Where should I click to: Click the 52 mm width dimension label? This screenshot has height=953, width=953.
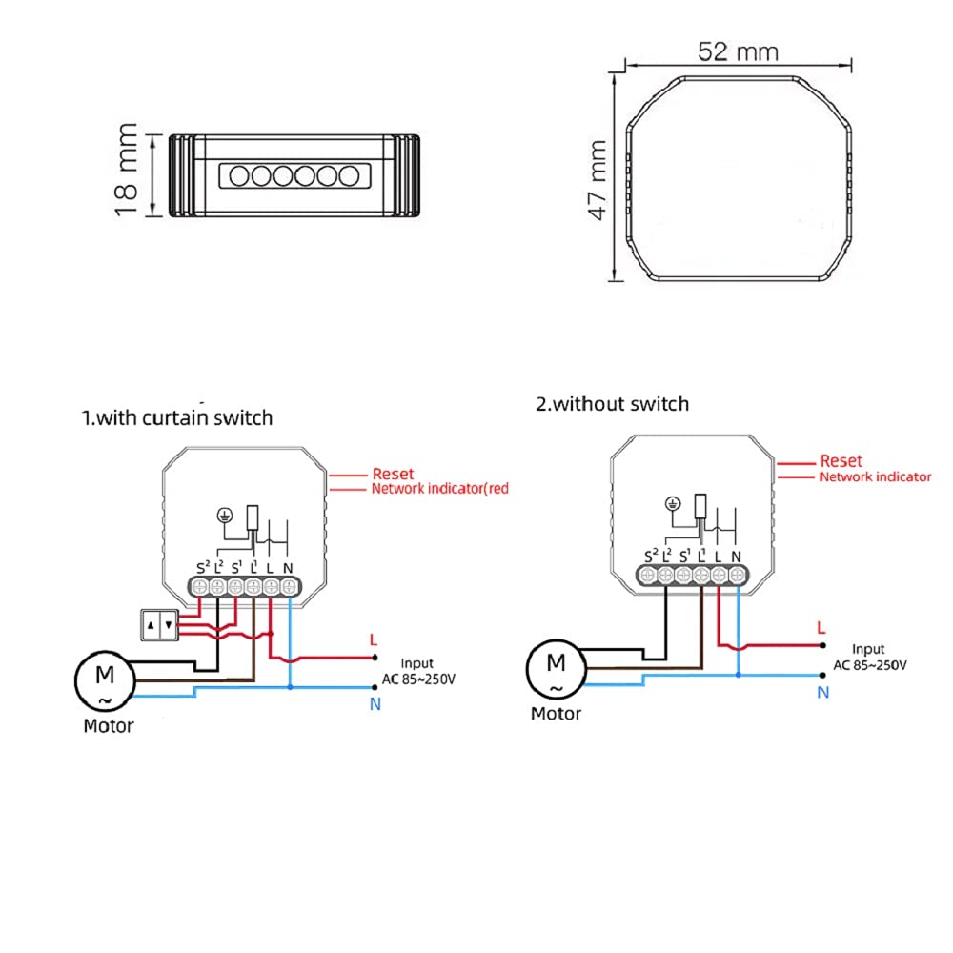tap(738, 51)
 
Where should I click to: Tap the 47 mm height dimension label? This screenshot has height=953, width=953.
tap(598, 180)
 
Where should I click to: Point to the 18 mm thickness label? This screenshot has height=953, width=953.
tap(126, 170)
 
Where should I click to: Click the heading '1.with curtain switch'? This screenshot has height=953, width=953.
tap(177, 417)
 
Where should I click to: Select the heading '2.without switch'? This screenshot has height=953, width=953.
tap(613, 403)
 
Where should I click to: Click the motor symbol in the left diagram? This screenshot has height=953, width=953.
tap(105, 680)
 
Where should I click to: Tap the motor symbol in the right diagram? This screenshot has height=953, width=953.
tap(557, 668)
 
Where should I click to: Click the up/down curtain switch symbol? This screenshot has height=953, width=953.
tap(160, 625)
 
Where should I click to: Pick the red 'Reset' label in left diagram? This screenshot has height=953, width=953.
tap(393, 474)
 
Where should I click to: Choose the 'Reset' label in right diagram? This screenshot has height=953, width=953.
tap(841, 460)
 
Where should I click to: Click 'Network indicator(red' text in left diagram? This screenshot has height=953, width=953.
tap(440, 489)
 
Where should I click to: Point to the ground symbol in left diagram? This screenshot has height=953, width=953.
tap(225, 516)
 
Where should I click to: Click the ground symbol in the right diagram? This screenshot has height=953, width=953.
tap(673, 504)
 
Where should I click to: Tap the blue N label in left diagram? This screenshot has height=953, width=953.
tap(375, 704)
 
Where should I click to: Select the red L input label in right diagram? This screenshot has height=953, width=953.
tap(821, 627)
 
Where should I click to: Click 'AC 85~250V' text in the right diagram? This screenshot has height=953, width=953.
tap(870, 665)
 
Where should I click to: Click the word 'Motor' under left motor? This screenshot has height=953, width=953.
tap(109, 725)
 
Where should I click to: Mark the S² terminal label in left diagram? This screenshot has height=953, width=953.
tap(203, 568)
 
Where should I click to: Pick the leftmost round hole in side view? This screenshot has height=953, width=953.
tap(239, 176)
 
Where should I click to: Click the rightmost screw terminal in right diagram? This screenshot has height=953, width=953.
tap(737, 575)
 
